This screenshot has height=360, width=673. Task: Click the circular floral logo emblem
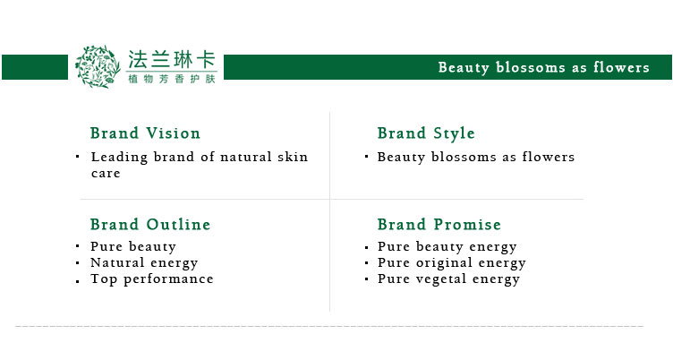point(98,66)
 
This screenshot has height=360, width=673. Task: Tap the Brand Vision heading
point(145,133)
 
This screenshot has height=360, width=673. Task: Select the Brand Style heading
point(426,133)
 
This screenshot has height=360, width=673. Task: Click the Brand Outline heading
point(150,224)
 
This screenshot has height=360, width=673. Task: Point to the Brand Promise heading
point(439,224)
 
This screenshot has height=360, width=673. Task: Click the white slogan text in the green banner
point(543,67)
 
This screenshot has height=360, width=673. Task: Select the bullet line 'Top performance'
point(152,279)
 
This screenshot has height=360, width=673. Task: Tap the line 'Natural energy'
point(144,263)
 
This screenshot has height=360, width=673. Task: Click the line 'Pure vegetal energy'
point(448,279)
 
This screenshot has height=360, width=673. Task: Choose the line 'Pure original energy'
point(452,263)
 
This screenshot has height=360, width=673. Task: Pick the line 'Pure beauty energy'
point(447,247)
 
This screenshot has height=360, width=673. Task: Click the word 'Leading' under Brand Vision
point(119,158)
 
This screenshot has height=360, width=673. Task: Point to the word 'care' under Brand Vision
point(106,174)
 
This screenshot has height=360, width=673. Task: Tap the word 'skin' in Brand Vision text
point(293,157)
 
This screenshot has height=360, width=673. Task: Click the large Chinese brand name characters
point(171,59)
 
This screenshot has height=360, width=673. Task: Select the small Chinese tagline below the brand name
point(172,79)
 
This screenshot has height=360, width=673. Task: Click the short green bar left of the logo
point(35,67)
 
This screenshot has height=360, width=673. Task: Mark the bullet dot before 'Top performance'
point(77,282)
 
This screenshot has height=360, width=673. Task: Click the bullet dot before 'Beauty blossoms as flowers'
point(367,157)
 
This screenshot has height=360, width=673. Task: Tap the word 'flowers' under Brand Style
point(548,157)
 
